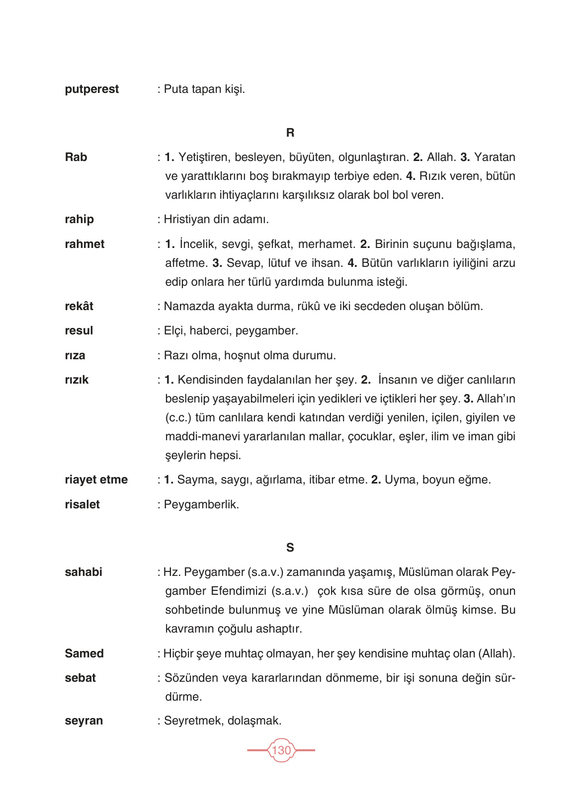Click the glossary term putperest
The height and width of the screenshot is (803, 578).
[92, 89]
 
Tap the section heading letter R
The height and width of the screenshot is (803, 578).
[290, 133]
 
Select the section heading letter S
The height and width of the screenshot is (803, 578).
[290, 548]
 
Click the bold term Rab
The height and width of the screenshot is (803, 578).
[76, 158]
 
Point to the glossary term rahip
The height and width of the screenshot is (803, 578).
[80, 220]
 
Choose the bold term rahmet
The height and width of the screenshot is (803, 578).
[85, 244]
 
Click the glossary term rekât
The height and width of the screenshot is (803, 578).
[79, 306]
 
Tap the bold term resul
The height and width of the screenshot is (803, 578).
[79, 331]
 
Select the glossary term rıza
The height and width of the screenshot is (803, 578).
[75, 356]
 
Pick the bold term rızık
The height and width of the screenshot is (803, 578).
[77, 380]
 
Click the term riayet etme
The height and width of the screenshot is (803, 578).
[96, 480]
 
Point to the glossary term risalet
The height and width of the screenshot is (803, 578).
[83, 505]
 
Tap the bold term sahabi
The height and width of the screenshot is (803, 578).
[83, 572]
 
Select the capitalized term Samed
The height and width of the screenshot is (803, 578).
[84, 654]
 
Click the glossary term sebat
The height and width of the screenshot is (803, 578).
[81, 678]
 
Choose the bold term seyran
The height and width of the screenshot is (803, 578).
[84, 721]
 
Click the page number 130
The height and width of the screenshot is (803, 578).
[281, 750]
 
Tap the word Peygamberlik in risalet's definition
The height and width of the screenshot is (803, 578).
[201, 505]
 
